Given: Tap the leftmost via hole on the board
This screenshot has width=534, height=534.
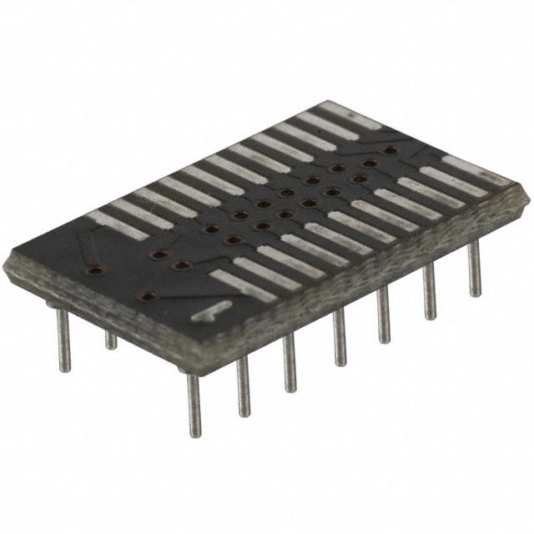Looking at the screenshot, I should (x=96, y=270).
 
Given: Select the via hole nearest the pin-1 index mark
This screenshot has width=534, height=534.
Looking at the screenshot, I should (x=148, y=295).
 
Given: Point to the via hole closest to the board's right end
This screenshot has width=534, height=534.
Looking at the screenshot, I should (x=389, y=150).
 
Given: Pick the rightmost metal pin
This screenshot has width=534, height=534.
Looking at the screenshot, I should (x=474, y=268).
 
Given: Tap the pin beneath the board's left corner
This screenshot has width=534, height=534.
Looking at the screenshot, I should (x=63, y=340).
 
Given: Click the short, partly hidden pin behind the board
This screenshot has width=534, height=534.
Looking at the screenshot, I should (x=110, y=340).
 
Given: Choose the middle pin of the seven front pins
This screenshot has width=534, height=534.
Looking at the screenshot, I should (x=339, y=337).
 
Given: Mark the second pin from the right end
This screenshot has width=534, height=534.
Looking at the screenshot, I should (x=429, y=291).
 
